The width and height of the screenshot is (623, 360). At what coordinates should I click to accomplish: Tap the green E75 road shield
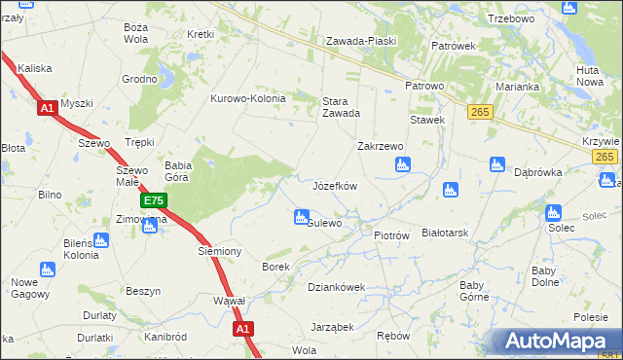pyautogui.click(x=153, y=201)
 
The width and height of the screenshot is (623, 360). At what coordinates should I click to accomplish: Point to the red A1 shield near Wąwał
pyautogui.click(x=243, y=330)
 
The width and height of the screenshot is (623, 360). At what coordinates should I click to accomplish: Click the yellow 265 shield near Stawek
pyautogui.click(x=478, y=113)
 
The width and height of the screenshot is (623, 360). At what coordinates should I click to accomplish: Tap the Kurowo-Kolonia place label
pyautogui.click(x=248, y=98)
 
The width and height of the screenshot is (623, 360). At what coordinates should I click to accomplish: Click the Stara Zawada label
pyautogui.click(x=342, y=105)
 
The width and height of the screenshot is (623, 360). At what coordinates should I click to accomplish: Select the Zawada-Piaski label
pyautogui.click(x=359, y=41)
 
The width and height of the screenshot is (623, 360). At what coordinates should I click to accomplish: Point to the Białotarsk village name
pyautogui.click(x=446, y=234)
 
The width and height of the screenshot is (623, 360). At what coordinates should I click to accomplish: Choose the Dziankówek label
pyautogui.click(x=336, y=287)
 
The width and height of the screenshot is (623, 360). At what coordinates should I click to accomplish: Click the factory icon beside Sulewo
pyautogui.click(x=301, y=217)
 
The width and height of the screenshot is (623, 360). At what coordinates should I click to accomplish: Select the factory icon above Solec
pyautogui.click(x=554, y=212)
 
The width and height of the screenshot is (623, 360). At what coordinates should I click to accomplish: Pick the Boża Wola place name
pyautogui.click(x=135, y=34)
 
